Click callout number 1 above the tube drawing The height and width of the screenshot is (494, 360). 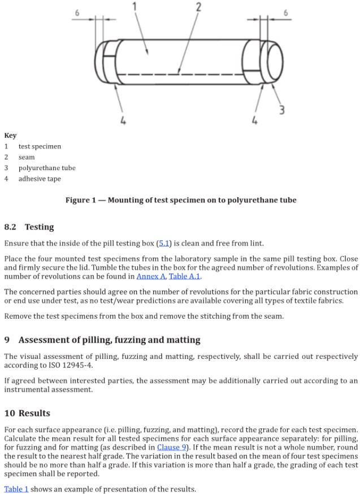coord(135,6)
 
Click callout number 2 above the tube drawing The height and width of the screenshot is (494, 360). coord(198,7)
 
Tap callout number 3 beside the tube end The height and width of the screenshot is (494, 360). coord(281,109)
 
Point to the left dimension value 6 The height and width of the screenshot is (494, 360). coord(77,12)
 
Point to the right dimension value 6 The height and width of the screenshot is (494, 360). coord(286,12)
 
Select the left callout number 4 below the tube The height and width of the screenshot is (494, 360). coord(123,120)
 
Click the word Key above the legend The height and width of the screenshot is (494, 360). coord(10,136)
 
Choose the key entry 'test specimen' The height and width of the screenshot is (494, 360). coord(40,146)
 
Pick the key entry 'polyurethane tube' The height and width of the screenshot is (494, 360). coord(46,168)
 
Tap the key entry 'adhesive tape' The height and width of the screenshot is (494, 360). coord(40,179)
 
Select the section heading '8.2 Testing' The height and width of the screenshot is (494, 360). coord(29,227)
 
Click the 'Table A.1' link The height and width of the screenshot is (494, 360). coord(185,276)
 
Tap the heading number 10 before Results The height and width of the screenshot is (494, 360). coord(9,413)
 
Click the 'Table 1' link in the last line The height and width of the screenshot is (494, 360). coord(16,489)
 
